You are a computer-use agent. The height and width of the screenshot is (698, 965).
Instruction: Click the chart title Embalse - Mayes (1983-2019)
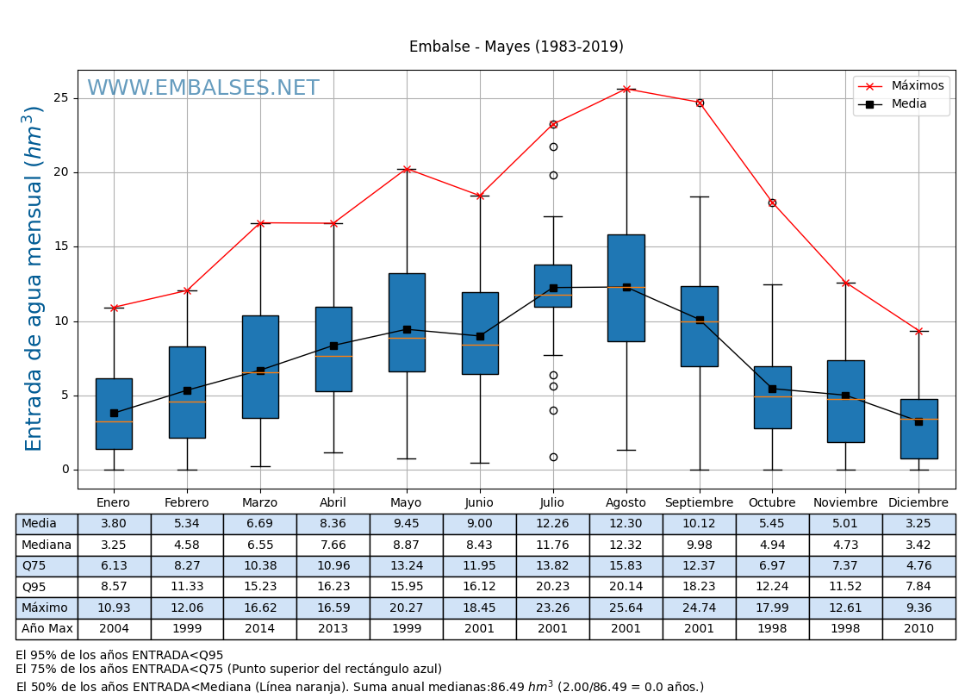[x=516, y=47]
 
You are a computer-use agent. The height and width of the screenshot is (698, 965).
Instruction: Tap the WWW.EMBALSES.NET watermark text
[x=203, y=89]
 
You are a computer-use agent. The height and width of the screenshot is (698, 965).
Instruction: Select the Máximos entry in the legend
[x=917, y=86]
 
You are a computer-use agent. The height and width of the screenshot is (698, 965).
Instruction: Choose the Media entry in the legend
[x=909, y=104]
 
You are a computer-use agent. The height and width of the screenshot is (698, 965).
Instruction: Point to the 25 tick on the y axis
[x=61, y=98]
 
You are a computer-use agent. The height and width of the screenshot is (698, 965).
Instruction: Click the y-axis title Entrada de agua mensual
[x=34, y=278]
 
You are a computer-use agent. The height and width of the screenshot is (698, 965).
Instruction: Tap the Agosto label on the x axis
[x=626, y=503]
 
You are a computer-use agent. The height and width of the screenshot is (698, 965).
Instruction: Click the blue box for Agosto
[x=626, y=288]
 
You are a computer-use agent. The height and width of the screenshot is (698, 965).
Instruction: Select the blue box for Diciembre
[x=918, y=428]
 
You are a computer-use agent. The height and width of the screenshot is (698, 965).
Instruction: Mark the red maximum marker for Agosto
[x=626, y=90]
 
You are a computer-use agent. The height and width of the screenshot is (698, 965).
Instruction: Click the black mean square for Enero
[x=114, y=414]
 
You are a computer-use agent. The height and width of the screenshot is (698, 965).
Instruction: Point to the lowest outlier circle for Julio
[x=553, y=457]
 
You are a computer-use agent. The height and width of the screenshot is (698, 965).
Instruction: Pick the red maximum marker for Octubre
[x=772, y=203]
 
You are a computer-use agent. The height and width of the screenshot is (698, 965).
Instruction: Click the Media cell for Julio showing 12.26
[x=552, y=524]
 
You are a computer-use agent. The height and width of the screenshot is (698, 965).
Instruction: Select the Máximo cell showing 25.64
[x=626, y=608]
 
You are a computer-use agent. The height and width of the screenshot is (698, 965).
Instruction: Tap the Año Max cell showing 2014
[x=259, y=629]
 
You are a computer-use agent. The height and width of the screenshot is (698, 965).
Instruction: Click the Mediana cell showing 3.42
[x=918, y=545]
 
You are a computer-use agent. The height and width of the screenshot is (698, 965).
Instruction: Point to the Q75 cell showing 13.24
[x=406, y=566]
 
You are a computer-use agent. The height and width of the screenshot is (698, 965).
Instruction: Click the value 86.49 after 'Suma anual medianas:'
[x=509, y=688]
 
